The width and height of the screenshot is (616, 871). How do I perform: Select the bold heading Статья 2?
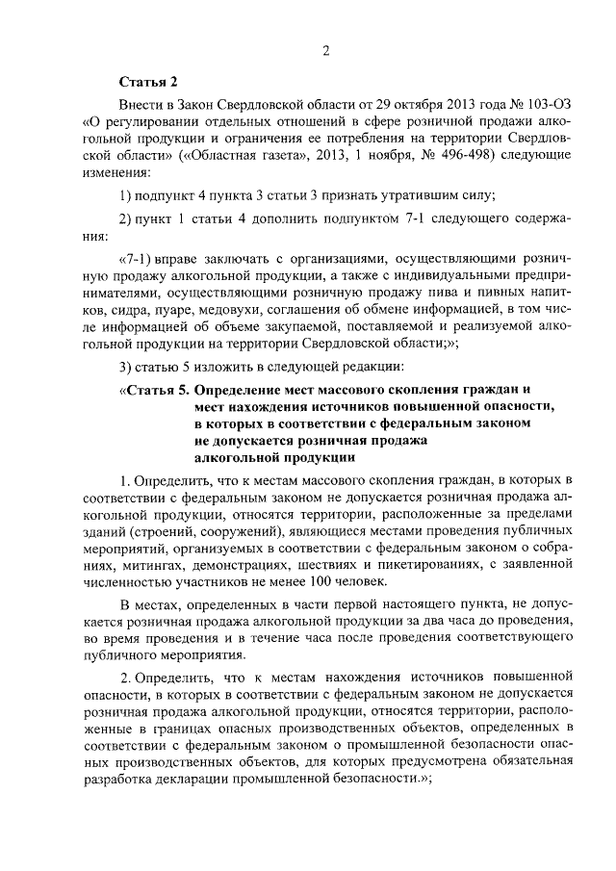tap(148, 83)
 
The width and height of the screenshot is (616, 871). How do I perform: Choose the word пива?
tap(434, 293)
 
